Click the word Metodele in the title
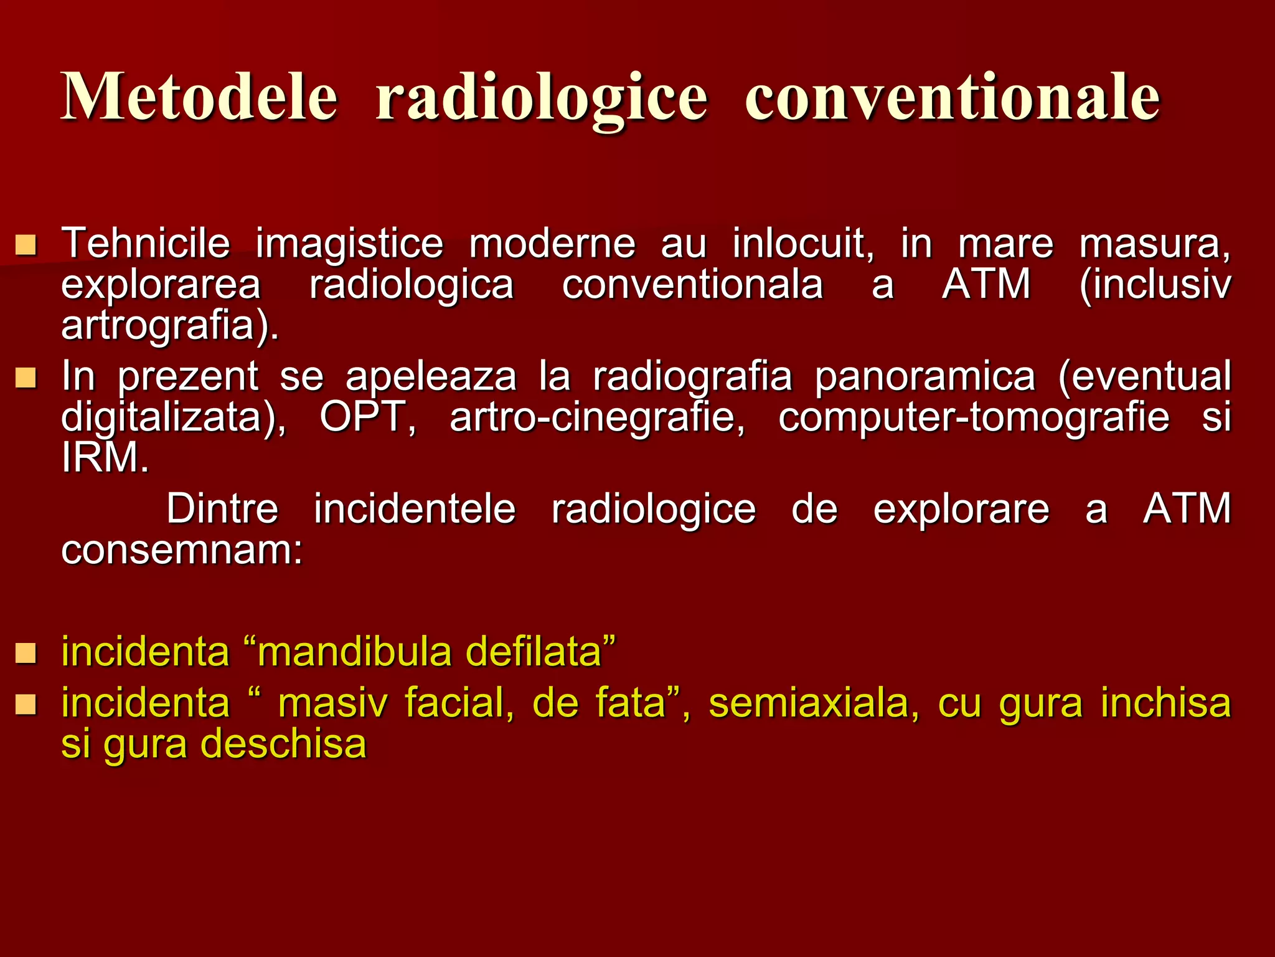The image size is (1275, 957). pos(199,97)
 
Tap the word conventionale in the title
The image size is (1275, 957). pos(952,97)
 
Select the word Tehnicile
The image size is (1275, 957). pos(146,243)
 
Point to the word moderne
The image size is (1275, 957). pos(552,243)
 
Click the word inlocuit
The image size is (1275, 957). pos(803,243)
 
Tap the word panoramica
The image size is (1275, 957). pos(925,376)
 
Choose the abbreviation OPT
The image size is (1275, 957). pos(367,417)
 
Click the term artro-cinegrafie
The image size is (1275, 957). pos(597,417)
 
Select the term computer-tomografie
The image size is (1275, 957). pos(974,417)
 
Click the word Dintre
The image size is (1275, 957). pos(222,509)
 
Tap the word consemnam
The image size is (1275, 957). pos(181,550)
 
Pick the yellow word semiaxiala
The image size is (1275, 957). pos(813,703)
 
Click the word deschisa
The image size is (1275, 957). pos(284,744)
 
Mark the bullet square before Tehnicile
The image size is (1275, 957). pos(26,245)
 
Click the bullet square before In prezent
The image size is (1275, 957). pos(26,378)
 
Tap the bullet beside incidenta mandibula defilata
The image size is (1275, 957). pos(26,654)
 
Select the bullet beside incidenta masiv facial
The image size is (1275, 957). pos(26,705)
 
